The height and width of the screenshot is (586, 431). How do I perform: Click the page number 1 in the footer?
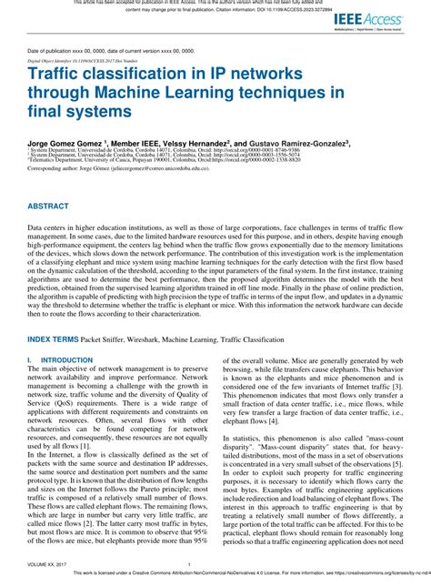click(215, 564)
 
